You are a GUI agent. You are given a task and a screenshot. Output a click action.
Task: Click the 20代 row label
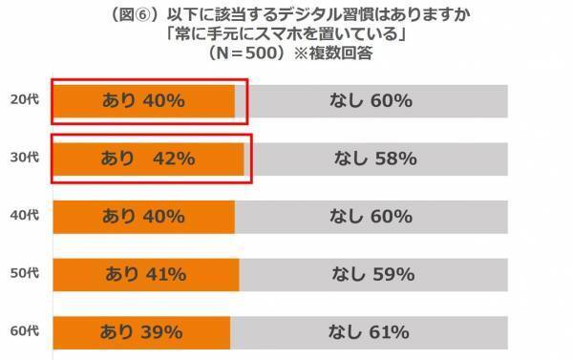[26, 98]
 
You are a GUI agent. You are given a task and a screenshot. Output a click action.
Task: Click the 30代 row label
[26, 158]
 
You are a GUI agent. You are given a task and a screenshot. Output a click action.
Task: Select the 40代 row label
[26, 216]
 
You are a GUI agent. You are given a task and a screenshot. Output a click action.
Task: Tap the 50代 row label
[26, 274]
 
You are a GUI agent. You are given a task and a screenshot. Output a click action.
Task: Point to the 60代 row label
[26, 332]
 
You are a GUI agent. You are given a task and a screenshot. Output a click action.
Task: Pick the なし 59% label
[371, 275]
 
